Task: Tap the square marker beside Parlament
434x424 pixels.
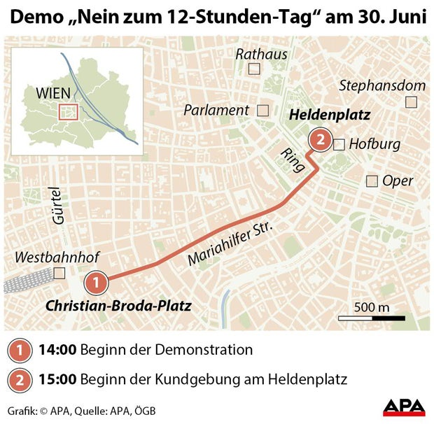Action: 263,110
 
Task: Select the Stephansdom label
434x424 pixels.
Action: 381,85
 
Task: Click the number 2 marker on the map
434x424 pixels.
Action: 320,140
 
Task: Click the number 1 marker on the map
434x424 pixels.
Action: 96,283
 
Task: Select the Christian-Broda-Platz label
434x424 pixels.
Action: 118,306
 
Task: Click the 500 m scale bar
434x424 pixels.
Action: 373,318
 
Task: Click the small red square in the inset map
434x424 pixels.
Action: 68,111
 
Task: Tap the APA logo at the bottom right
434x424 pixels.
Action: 403,408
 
